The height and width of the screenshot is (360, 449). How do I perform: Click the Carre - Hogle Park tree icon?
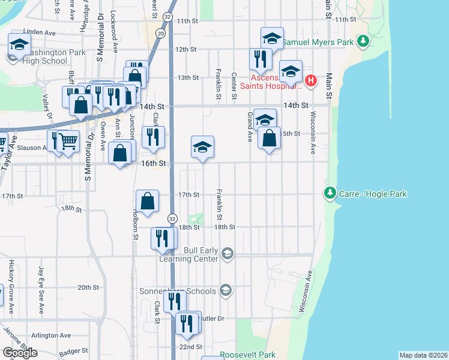point(329,194)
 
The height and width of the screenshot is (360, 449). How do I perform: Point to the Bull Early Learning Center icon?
point(227,254)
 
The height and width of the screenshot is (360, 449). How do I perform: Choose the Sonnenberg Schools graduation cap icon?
point(225,291)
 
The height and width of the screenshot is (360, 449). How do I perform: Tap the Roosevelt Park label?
point(247,355)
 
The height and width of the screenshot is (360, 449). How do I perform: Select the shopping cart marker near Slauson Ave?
point(68,142)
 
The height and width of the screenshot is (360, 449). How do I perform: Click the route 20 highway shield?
point(160,34)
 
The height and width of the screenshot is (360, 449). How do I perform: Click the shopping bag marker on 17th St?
point(148,202)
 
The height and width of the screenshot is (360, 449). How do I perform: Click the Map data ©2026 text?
point(423,355)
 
